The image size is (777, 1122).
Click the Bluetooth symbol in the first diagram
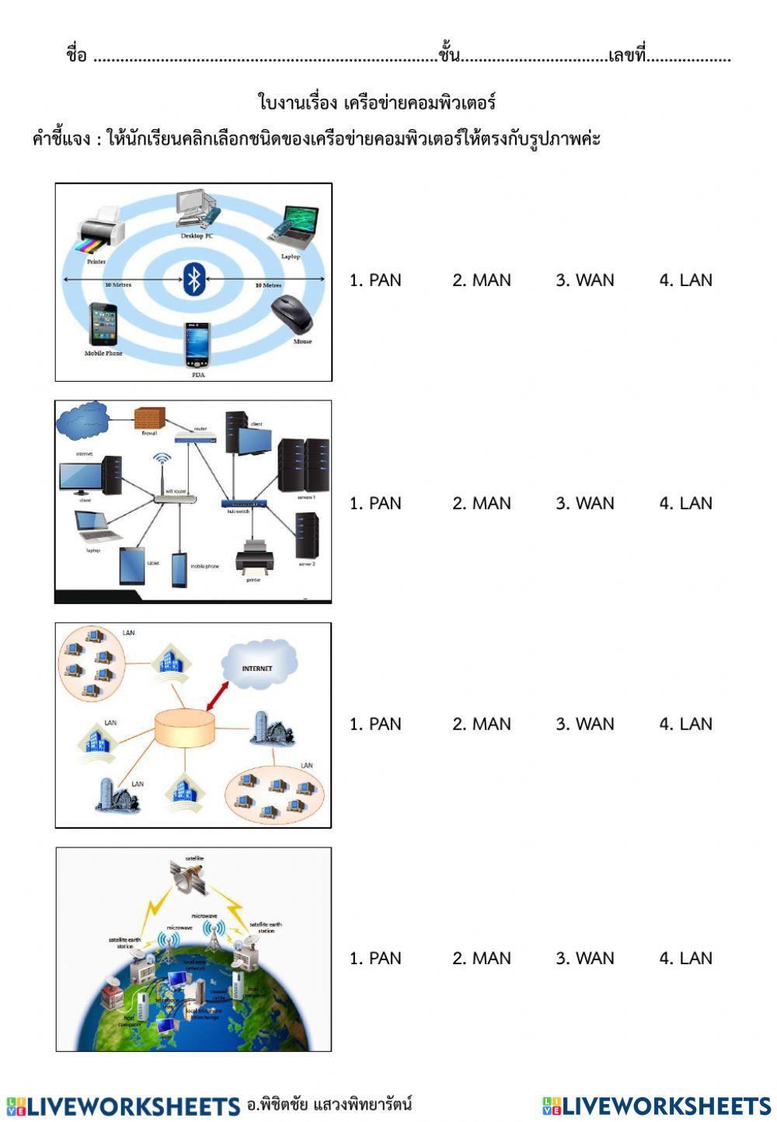tap(194, 279)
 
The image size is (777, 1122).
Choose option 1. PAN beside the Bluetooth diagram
tap(375, 280)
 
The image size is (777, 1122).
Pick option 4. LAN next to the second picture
tap(685, 503)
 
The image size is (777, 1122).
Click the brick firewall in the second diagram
tap(149, 418)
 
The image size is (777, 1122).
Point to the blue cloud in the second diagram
tap(83, 421)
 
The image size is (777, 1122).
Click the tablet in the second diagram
tap(131, 565)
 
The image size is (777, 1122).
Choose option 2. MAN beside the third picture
tap(482, 724)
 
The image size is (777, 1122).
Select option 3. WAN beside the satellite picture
tap(584, 958)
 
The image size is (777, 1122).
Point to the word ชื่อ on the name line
tap(76, 56)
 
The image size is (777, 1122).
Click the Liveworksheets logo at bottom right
tap(656, 1106)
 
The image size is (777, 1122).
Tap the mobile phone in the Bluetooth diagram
tap(103, 324)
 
